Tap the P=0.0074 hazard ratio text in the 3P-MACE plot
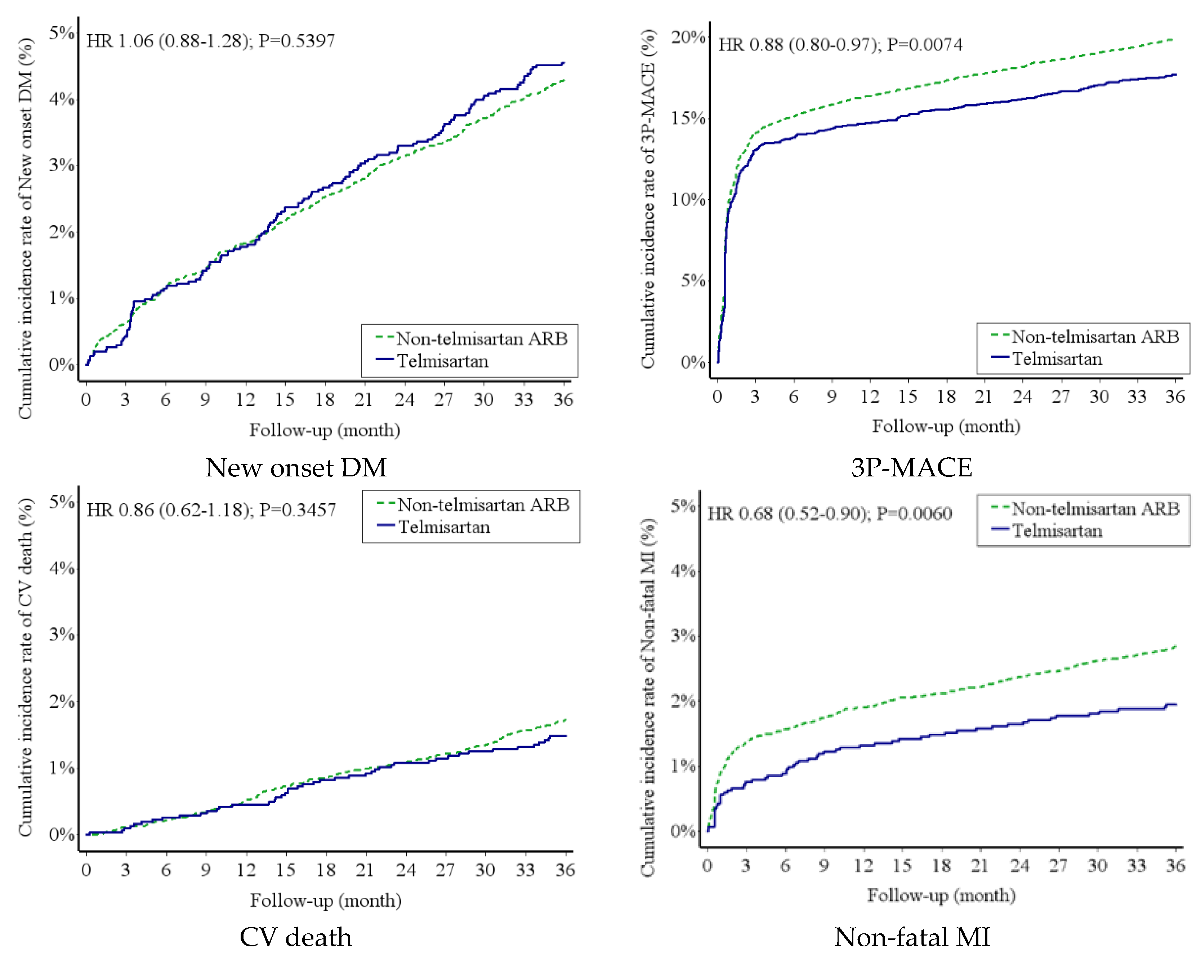point(925,45)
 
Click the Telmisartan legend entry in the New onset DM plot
point(442,361)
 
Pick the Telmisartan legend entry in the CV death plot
point(444,527)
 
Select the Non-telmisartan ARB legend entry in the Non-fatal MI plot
point(1095,509)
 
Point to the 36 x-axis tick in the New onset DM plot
point(563,400)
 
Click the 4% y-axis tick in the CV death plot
point(61,568)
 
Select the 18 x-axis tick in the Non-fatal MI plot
point(941,865)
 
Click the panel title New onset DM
point(296,467)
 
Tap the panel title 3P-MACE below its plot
point(911,467)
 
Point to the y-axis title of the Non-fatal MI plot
point(647,697)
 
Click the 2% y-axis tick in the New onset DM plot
point(61,232)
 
